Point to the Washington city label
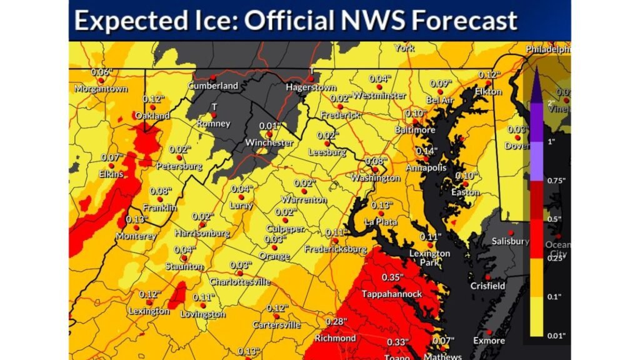(x=375, y=178)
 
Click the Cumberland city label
(x=214, y=85)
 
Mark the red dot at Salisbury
(x=511, y=232)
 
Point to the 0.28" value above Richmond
(x=335, y=321)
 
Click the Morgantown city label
(x=101, y=89)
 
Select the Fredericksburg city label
(x=335, y=249)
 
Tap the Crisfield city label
(x=487, y=286)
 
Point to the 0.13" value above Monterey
(x=136, y=219)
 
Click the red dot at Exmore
(x=489, y=332)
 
